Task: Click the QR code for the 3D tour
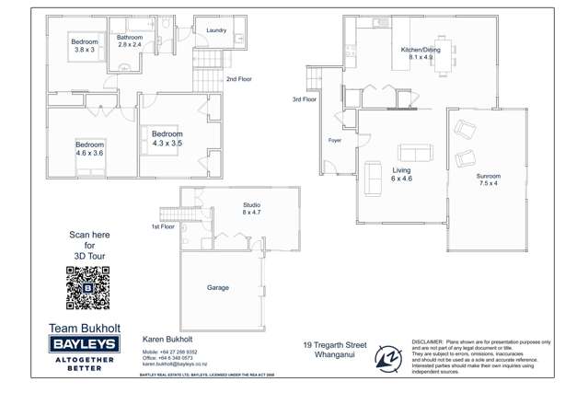[x=88, y=287]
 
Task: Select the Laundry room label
[x=216, y=30]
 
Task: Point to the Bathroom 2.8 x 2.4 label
[x=130, y=41]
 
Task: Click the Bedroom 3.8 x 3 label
[x=85, y=46]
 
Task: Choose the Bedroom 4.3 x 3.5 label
[x=167, y=139]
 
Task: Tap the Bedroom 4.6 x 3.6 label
[x=90, y=149]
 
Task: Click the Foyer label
[x=334, y=141]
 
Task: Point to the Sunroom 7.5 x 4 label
[x=488, y=179]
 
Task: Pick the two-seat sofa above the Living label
[x=411, y=154]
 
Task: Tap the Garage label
[x=218, y=288]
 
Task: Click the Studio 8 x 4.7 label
[x=251, y=209]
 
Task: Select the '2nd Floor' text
[x=238, y=80]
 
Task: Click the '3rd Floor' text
[x=305, y=99]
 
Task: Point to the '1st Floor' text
[x=163, y=226]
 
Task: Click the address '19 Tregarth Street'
[x=335, y=345]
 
